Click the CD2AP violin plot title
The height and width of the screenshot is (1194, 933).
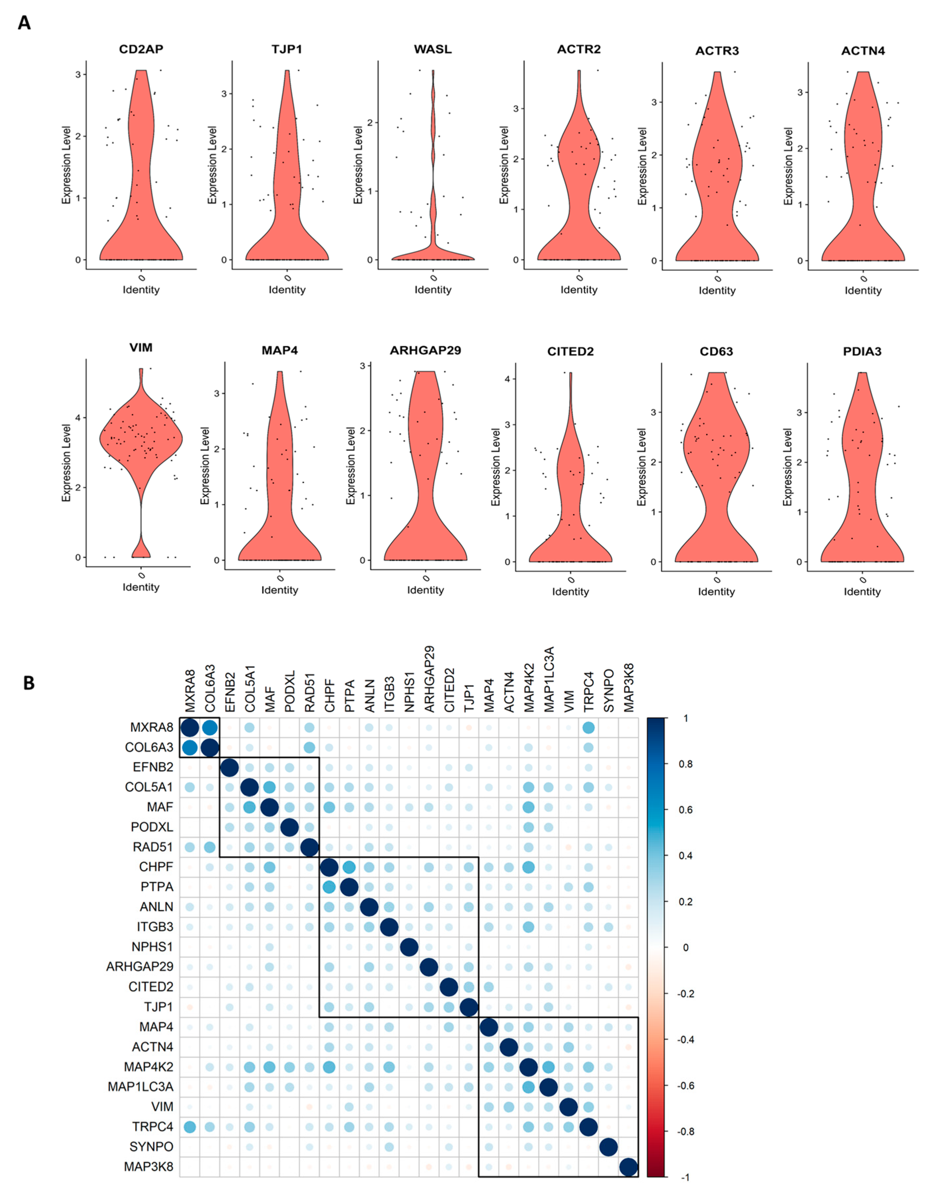[x=141, y=49]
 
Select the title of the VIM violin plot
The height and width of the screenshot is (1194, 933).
[x=141, y=348]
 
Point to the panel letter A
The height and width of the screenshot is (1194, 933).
[x=24, y=23]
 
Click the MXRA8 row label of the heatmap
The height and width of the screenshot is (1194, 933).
[x=151, y=727]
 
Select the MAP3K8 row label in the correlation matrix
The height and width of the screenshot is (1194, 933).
[x=148, y=1167]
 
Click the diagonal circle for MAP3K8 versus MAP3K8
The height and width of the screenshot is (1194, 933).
[x=628, y=1167]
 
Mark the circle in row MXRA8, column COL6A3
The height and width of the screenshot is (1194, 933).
[x=210, y=727]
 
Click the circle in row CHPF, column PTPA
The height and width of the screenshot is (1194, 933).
[x=349, y=867]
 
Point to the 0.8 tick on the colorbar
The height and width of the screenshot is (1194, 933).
[x=685, y=764]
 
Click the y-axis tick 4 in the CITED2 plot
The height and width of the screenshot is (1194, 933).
[x=508, y=379]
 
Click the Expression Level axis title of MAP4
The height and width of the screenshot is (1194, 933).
[x=205, y=465]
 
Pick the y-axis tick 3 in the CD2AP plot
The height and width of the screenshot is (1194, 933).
[x=78, y=74]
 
